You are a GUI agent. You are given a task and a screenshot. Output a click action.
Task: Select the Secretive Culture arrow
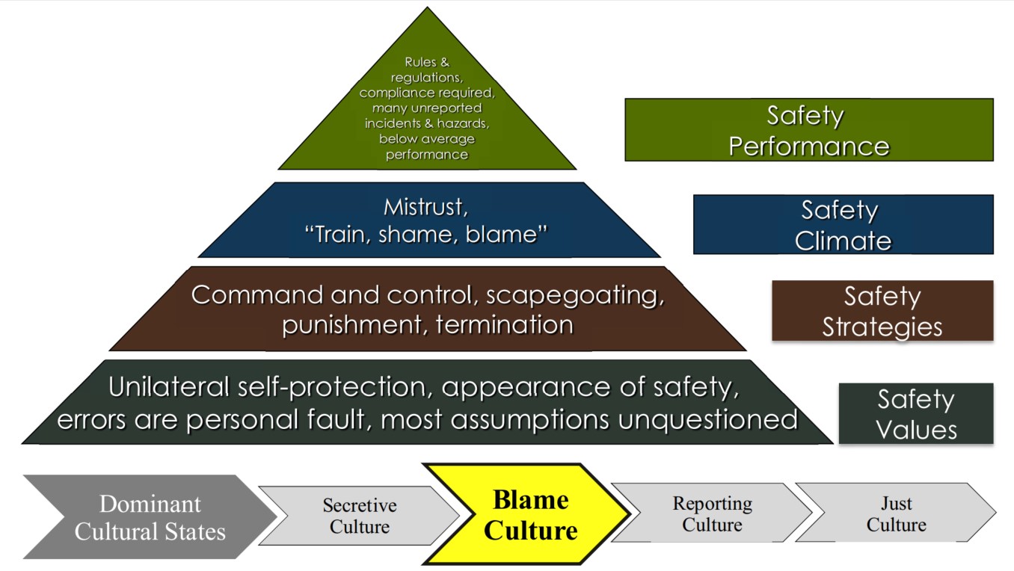359,516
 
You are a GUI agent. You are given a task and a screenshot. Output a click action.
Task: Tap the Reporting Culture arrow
711,514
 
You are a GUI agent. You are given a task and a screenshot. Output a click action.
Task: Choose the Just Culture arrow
895,514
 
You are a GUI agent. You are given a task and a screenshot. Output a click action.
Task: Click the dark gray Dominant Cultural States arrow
150,517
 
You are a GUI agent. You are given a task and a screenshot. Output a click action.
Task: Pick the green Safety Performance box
808,130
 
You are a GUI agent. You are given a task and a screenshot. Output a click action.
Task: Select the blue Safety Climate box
843,224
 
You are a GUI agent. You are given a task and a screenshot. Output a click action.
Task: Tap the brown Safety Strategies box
882,311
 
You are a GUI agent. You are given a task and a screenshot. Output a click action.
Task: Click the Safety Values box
915,414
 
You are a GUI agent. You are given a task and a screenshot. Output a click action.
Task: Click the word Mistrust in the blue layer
425,206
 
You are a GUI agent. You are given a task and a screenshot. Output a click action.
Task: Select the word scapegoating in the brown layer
574,294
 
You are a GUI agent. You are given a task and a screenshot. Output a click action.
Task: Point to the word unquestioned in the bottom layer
707,419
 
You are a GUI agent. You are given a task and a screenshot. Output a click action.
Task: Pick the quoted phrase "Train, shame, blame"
426,235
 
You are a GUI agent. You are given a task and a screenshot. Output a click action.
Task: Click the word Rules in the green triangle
420,62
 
